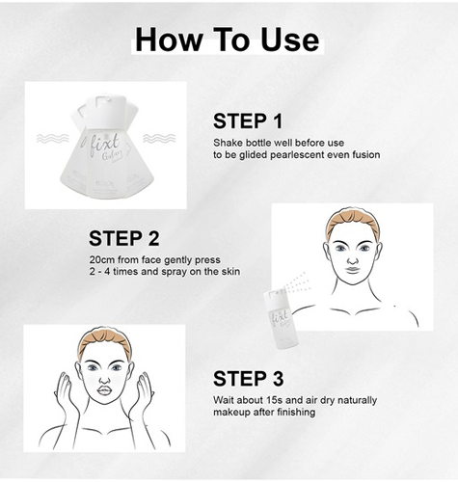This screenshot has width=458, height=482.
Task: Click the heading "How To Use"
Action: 228,40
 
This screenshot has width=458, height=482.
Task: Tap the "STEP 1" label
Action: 248,121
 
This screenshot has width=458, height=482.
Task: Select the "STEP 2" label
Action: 124,238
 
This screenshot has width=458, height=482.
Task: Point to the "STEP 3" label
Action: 248,379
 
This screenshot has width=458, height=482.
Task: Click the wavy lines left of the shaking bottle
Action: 53,139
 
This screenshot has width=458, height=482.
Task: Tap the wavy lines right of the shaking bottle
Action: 159,139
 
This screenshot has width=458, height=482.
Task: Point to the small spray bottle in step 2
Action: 281,319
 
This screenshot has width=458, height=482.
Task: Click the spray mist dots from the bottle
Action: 296,281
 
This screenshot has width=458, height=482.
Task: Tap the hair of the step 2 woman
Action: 353,221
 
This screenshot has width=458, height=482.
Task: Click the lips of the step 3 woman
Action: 105,390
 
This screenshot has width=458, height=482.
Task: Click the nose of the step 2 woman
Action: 353,257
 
